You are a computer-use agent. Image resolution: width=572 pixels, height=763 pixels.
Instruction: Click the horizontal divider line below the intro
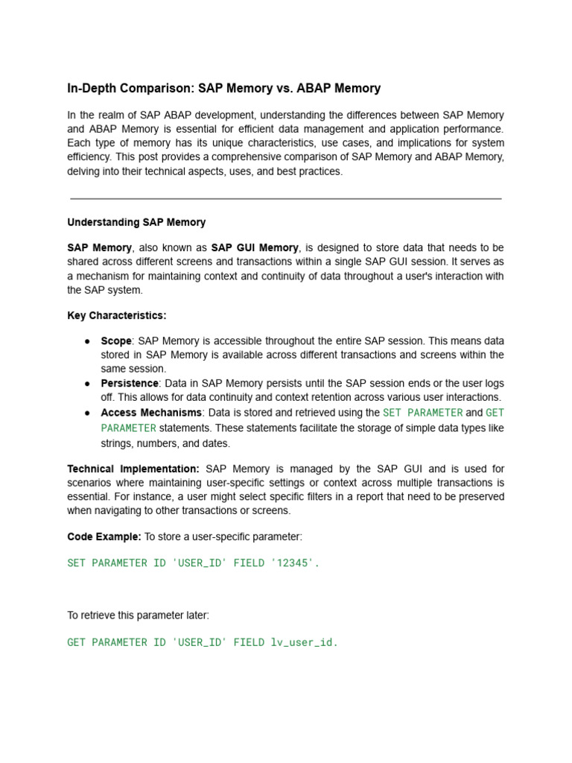286,199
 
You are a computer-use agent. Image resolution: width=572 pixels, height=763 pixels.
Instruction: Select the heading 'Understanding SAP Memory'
136,222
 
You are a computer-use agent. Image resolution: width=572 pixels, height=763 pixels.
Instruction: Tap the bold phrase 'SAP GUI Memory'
255,247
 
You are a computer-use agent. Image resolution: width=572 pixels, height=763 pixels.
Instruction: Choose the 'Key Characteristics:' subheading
117,315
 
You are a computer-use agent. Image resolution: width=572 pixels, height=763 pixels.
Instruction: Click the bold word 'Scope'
116,341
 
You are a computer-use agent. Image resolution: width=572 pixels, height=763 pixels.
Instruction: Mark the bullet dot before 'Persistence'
87,383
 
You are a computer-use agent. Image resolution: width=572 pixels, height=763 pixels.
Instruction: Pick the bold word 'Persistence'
130,383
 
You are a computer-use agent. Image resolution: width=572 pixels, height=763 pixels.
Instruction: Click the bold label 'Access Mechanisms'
151,412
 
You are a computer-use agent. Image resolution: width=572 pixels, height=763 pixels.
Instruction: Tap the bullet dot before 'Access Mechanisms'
87,412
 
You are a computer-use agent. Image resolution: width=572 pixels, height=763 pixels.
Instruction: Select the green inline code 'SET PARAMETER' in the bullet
422,412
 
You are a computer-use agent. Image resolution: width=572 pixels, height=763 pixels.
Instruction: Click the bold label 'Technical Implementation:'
133,469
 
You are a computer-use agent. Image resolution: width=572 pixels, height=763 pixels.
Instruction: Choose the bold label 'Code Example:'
104,536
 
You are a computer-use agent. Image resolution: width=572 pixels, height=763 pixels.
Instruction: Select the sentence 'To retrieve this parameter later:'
139,615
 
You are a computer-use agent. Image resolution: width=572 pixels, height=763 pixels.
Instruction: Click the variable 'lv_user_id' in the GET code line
303,642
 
